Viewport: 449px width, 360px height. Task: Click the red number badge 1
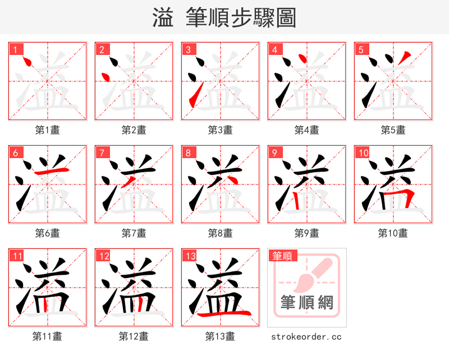coord(15,49)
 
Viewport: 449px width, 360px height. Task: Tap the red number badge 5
coord(361,49)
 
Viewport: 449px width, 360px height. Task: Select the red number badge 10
coord(363,153)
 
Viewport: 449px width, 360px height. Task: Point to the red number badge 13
coord(190,256)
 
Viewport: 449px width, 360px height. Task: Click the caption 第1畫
coord(48,130)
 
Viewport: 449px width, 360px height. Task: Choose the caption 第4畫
coord(307,130)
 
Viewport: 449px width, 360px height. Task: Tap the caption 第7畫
coord(134,233)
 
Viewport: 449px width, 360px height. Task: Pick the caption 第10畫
coord(393,233)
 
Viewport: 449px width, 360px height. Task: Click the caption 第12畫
coord(134,336)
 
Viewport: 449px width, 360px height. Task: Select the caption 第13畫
coord(221,336)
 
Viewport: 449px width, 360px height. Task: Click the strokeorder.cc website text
coord(306,337)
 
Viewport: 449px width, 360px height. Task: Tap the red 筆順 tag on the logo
coord(282,256)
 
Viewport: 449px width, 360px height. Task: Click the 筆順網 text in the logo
coord(307,303)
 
